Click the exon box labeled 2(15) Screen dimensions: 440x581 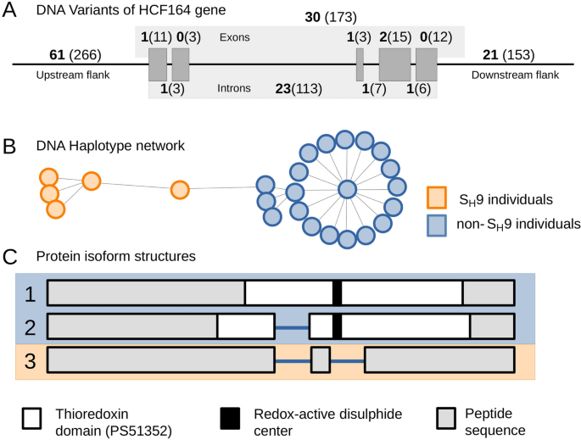[394, 64]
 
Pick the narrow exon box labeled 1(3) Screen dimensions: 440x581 [360, 64]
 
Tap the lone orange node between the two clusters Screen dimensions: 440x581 [179, 190]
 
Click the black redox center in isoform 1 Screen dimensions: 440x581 [337, 292]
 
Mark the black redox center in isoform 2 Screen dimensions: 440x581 [337, 326]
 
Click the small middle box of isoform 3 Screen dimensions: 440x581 [320, 359]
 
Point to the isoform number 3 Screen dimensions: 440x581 [31, 360]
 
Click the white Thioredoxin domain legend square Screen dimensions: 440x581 [33, 417]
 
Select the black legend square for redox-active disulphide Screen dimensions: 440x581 [231, 417]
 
